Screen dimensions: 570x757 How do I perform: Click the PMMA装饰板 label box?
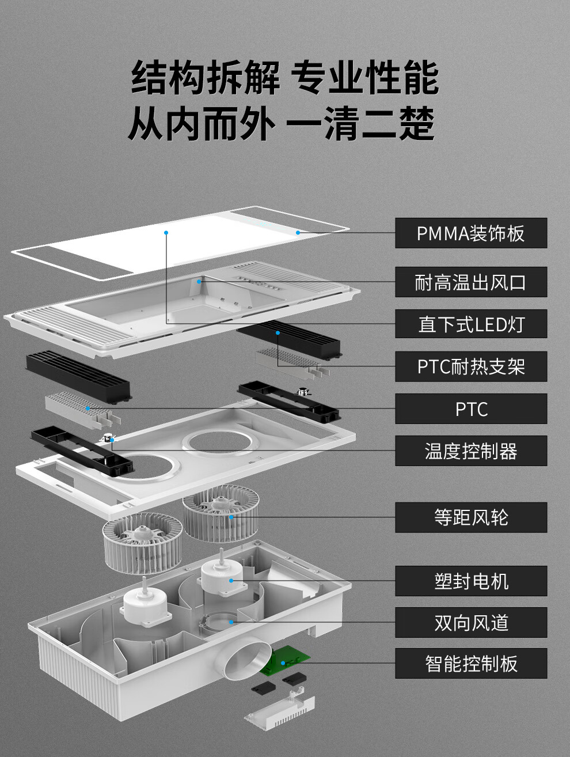click(x=471, y=233)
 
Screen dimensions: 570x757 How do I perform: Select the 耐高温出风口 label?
click(x=471, y=282)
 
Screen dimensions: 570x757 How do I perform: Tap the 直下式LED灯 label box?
click(x=471, y=324)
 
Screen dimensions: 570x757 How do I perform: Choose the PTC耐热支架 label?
click(x=471, y=366)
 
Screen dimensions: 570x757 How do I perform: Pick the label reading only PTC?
click(x=471, y=408)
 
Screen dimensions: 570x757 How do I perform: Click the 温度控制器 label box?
click(x=471, y=451)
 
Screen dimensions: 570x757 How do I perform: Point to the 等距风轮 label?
click(x=471, y=517)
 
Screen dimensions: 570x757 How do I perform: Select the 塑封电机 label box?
click(x=471, y=581)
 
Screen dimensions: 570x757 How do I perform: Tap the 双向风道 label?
click(x=471, y=623)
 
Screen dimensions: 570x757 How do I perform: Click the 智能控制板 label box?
click(x=471, y=663)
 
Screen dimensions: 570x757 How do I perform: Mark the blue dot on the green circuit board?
click(x=283, y=663)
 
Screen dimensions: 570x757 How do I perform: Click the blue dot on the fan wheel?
click(x=231, y=517)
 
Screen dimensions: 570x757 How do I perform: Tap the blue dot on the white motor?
click(x=231, y=581)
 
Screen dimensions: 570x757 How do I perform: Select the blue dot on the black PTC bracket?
click(x=278, y=333)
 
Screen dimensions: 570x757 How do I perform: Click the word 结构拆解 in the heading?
click(x=205, y=77)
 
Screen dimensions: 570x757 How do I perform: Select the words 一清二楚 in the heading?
click(x=360, y=123)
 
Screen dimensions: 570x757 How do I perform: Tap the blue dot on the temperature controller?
click(x=112, y=440)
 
